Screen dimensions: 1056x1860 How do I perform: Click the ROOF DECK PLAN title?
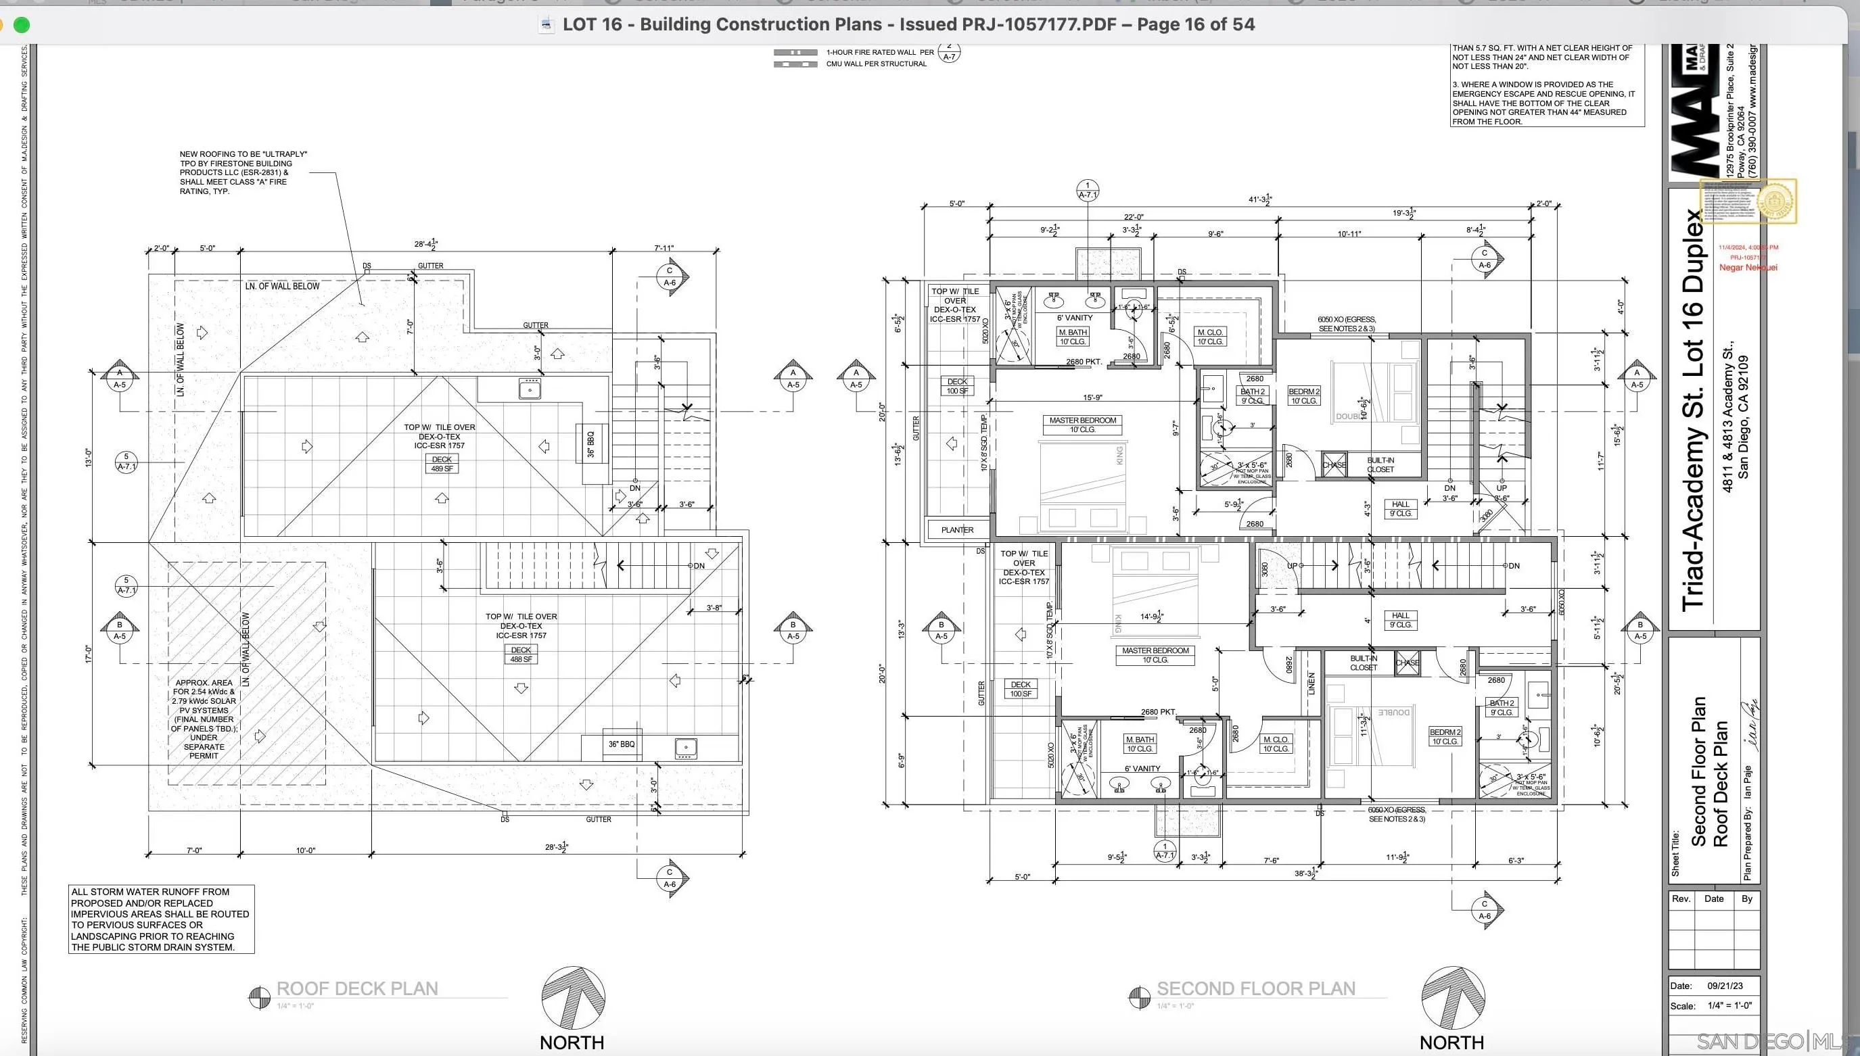pos(357,988)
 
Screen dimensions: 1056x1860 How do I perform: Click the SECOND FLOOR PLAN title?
pos(1256,988)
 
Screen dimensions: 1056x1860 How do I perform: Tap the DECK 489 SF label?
pos(442,464)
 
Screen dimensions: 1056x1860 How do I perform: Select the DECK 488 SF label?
pos(521,654)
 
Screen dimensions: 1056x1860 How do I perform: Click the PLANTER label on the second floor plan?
pos(957,529)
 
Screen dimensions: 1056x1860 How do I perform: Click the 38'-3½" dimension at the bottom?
pos(1306,873)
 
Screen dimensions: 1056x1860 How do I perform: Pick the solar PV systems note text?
pos(204,719)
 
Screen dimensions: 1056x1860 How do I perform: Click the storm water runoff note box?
pos(161,919)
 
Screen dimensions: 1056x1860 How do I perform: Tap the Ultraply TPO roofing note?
pos(243,172)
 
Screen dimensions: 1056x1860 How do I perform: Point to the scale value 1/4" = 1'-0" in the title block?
pos(1729,1005)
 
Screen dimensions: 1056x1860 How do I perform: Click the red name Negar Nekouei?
pos(1748,267)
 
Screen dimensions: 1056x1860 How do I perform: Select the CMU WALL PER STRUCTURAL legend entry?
pos(876,64)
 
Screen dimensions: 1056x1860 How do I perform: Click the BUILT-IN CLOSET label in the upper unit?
pos(1380,464)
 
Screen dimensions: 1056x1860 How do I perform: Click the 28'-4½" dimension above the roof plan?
pos(425,245)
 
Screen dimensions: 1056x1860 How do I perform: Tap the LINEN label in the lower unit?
pos(1311,684)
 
